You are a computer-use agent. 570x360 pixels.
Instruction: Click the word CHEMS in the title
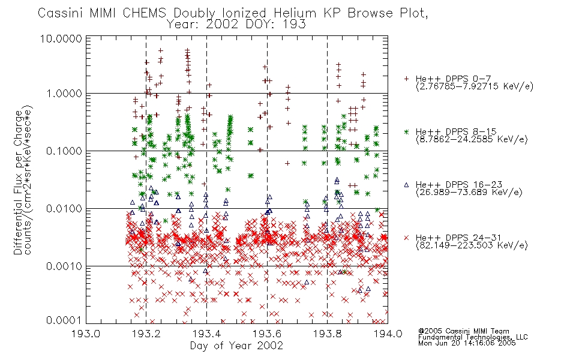(x=145, y=13)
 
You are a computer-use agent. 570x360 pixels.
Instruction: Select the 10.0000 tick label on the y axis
(x=61, y=38)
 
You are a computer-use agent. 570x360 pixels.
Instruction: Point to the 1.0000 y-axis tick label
(x=64, y=94)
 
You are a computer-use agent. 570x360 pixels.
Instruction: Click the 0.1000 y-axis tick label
(x=64, y=151)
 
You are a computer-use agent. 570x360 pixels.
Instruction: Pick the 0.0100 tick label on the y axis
(x=64, y=209)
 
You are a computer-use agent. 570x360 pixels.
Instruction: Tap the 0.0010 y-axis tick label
(x=64, y=266)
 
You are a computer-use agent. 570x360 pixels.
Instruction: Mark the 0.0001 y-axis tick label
(x=64, y=320)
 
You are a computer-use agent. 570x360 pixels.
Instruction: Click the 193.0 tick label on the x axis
(x=86, y=334)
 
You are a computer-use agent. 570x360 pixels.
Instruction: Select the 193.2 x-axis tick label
(x=146, y=334)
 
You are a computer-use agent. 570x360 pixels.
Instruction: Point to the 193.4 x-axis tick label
(x=206, y=334)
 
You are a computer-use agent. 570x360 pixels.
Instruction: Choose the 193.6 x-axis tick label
(x=267, y=334)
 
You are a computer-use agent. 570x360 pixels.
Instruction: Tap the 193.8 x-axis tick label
(x=327, y=334)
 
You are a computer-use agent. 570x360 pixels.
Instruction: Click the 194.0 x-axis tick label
(x=388, y=334)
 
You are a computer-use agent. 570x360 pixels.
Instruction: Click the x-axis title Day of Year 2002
(x=236, y=346)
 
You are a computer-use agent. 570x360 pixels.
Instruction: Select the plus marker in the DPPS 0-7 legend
(x=406, y=79)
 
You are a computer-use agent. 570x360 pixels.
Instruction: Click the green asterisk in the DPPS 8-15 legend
(x=406, y=131)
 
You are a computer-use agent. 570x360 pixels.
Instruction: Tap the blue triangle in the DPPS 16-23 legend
(x=406, y=185)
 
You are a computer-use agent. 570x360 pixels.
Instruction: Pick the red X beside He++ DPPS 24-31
(x=406, y=238)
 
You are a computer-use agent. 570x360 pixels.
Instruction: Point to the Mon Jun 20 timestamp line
(x=467, y=343)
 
